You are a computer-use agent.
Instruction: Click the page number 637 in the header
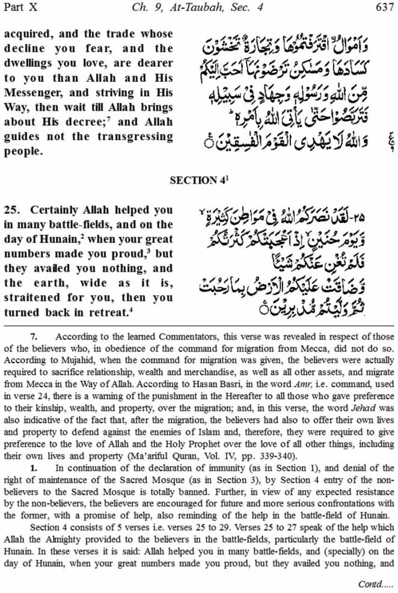(384, 7)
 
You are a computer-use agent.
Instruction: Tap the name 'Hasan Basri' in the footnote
(243, 384)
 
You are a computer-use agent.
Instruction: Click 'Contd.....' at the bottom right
(376, 584)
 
